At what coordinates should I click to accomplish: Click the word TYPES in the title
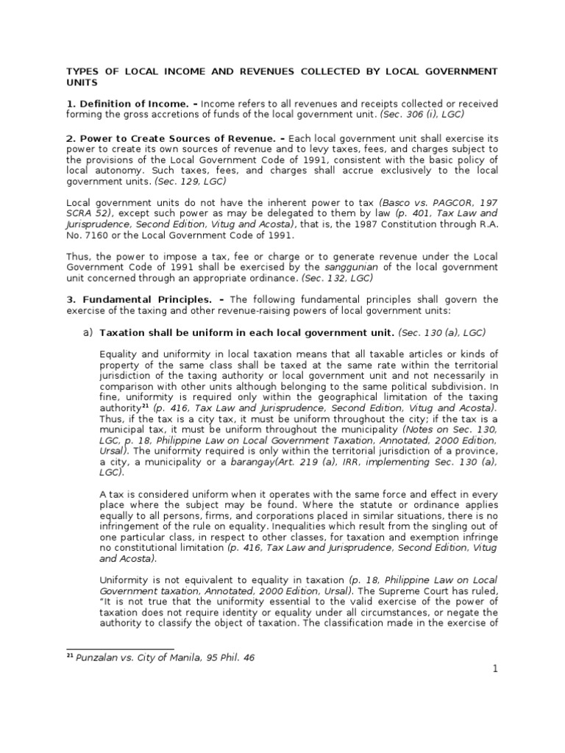82,71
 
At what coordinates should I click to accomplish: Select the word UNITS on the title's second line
82,83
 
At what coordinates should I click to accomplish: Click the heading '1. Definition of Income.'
129,104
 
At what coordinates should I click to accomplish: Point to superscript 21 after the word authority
145,405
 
